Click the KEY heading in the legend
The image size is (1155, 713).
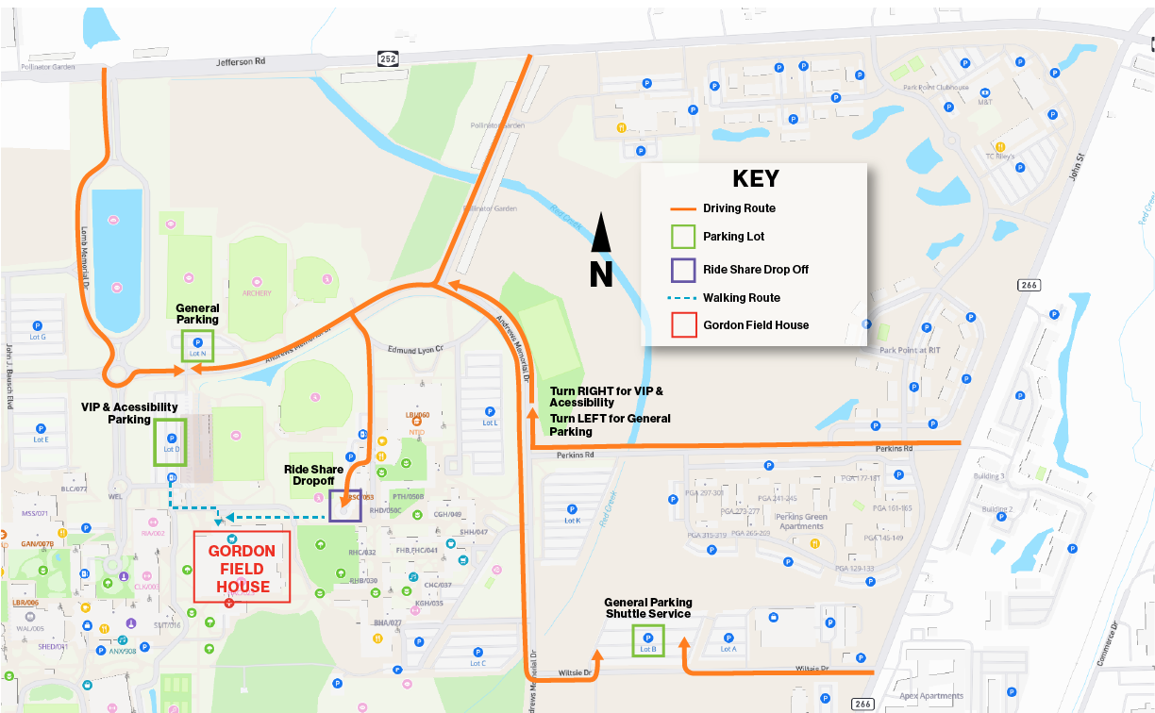click(x=756, y=180)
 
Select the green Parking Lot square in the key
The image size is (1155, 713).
click(x=684, y=237)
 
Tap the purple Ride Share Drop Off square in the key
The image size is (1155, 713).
click(x=684, y=269)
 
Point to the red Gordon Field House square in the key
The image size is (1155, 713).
click(x=684, y=324)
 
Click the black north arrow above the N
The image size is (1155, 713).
click(x=601, y=233)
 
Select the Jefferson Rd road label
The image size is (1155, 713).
click(x=243, y=62)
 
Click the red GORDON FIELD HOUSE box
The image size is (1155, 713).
click(x=242, y=568)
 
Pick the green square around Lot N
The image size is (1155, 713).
click(x=197, y=346)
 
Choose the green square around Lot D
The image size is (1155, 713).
click(x=171, y=441)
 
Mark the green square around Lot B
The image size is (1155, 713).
click(x=648, y=642)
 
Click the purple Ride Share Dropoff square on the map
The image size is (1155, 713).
click(x=345, y=506)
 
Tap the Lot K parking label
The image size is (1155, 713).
click(x=572, y=521)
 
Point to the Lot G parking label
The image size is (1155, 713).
click(x=38, y=337)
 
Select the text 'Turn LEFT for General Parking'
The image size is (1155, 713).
click(x=610, y=424)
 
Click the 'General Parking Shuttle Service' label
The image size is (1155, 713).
click(x=648, y=608)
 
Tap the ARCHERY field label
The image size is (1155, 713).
click(x=257, y=293)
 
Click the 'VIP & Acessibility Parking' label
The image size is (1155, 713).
click(x=129, y=413)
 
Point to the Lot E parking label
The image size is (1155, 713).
click(x=41, y=439)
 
